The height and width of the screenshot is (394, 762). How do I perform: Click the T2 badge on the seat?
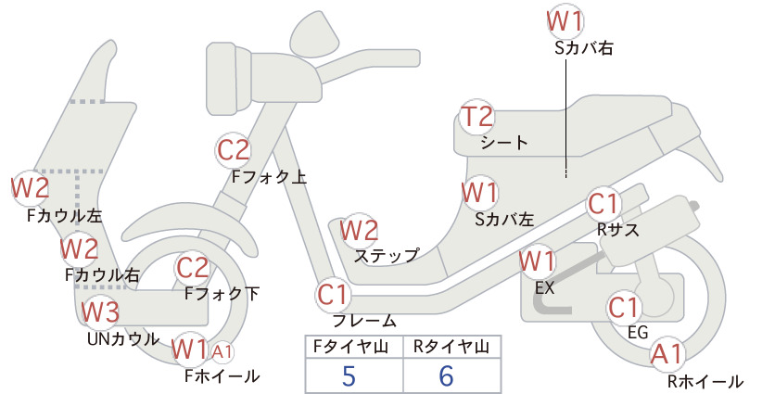click(476, 117)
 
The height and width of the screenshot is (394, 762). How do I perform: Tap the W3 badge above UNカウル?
click(99, 311)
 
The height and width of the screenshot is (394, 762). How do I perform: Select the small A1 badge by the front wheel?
click(222, 351)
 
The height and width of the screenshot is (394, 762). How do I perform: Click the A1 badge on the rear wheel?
click(667, 354)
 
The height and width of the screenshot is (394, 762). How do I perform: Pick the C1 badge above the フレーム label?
click(334, 295)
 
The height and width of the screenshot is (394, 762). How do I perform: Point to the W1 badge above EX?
click(537, 261)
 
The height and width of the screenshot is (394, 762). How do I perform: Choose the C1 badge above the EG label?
click(624, 308)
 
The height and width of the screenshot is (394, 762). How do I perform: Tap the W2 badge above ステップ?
click(359, 230)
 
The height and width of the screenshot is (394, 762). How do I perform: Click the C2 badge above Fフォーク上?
click(234, 150)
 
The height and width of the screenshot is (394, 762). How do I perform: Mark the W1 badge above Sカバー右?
click(565, 21)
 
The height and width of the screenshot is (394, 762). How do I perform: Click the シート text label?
click(504, 143)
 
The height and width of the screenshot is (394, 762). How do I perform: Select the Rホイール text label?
click(705, 381)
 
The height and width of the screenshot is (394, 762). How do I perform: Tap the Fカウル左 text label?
click(64, 216)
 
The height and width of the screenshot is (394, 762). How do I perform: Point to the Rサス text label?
click(617, 229)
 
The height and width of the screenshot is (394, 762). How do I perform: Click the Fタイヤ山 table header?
click(350, 347)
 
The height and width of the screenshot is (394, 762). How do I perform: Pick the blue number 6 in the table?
click(446, 375)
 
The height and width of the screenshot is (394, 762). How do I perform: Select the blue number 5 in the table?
click(349, 375)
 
